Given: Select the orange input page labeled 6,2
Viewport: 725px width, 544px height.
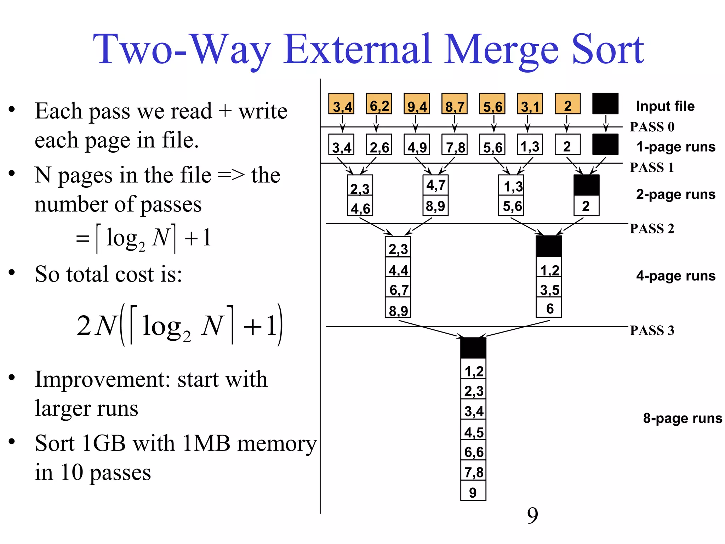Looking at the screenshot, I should pos(379,104).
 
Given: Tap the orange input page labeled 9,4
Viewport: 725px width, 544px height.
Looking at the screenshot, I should pos(417,104).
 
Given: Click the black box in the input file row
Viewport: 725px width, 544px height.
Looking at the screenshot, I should pos(605,104).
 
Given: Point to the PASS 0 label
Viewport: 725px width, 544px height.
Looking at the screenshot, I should pos(652,127).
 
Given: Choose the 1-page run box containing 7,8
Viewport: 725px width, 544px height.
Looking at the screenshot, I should pos(455,144).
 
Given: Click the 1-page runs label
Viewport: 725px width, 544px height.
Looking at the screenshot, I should pos(675,147).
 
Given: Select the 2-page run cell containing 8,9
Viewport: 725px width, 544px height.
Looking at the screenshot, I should pos(435,206).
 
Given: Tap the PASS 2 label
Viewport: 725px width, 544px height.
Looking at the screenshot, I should pos(652,229).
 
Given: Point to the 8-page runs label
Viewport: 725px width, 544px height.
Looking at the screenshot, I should pos(682,418).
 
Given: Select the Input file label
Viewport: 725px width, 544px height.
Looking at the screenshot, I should pos(665,106).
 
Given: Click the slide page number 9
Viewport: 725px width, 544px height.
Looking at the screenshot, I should pos(532,515).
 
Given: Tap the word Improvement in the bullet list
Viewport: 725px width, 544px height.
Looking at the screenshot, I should pos(103,379).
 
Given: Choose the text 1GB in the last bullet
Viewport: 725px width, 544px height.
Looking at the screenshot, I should pos(103,443).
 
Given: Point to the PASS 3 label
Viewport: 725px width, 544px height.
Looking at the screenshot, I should pos(652,330).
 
